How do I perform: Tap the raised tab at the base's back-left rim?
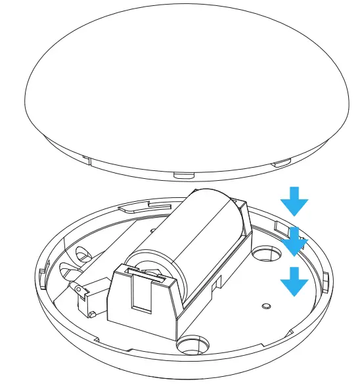pos(134,206)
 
